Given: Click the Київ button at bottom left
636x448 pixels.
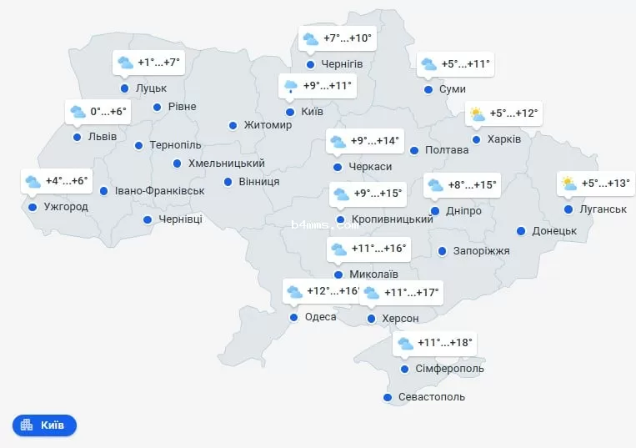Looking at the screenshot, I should [44, 425].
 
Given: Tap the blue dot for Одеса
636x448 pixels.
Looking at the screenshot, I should [293, 317].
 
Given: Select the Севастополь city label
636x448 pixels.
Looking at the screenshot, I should [432, 397].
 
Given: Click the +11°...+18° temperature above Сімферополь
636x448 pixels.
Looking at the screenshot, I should [445, 342].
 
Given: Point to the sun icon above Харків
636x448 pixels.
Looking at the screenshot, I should [478, 114].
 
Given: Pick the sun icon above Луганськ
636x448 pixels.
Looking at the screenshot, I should [568, 184].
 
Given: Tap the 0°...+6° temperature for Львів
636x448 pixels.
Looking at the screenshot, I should [108, 111].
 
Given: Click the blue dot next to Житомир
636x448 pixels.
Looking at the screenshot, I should [233, 126].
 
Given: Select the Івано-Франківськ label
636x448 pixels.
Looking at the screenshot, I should [160, 191].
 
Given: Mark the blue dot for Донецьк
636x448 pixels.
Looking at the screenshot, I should [521, 231].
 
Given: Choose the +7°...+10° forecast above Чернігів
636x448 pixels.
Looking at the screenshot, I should [348, 38].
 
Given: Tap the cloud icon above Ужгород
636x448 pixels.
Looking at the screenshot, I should [33, 181].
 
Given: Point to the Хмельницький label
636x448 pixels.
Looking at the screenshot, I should [227, 164].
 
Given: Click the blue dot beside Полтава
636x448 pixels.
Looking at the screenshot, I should [413, 150].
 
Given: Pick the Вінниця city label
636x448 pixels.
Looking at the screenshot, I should [258, 182].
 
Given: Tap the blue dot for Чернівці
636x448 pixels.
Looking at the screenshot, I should [148, 220].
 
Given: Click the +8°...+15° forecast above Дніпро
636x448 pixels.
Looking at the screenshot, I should [472, 184].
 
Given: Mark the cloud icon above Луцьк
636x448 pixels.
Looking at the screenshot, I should [126, 63].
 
